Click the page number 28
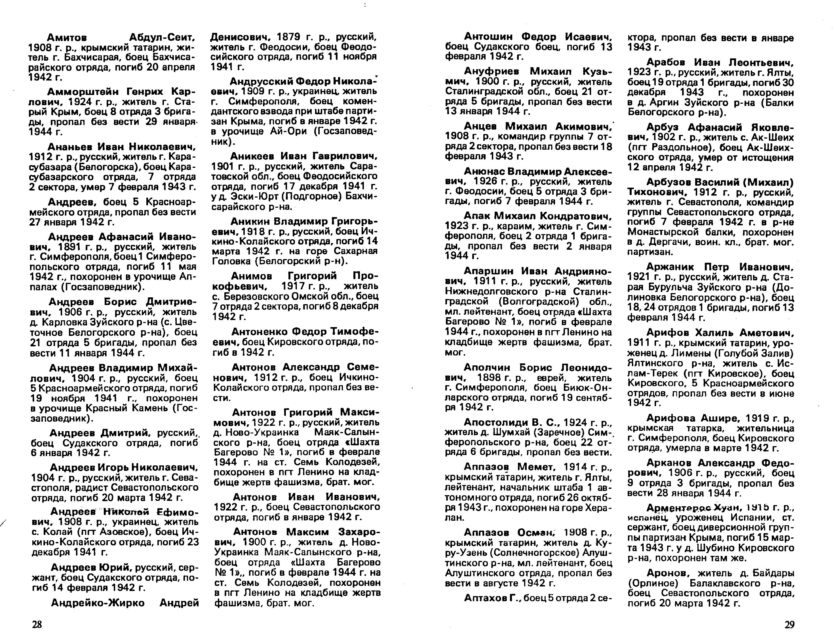[x=37, y=624]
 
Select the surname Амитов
[x=67, y=38]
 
